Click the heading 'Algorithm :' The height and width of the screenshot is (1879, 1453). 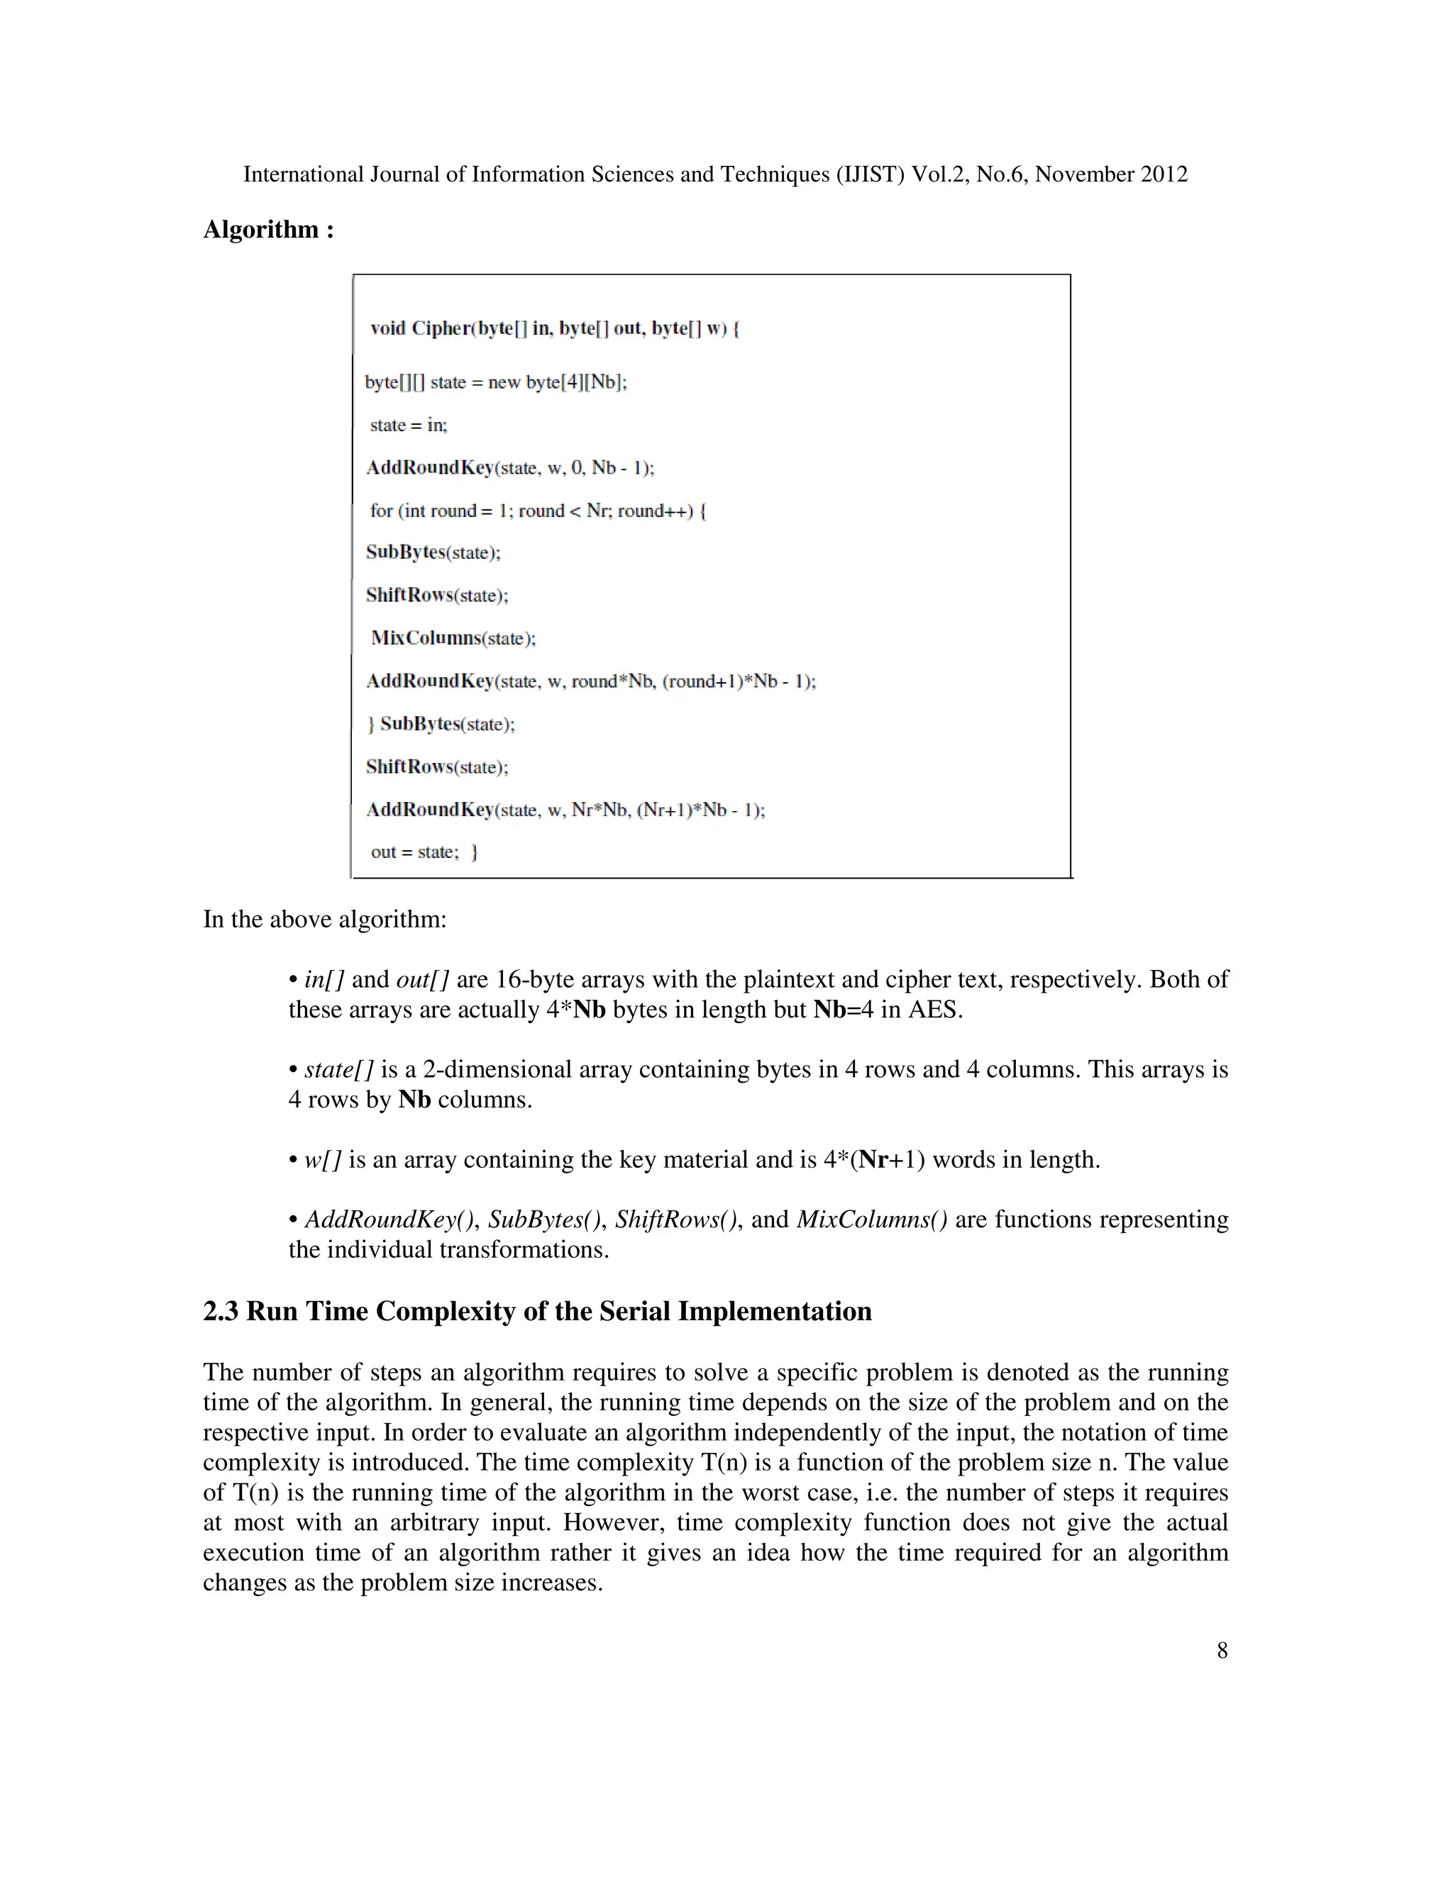pyautogui.click(x=267, y=230)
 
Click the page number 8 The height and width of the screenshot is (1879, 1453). pyautogui.click(x=1222, y=1650)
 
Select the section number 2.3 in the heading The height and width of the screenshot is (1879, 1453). pyautogui.click(x=221, y=1311)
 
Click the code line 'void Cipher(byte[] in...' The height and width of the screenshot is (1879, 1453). pyautogui.click(x=554, y=329)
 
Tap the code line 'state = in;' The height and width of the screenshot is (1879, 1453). pyautogui.click(x=408, y=425)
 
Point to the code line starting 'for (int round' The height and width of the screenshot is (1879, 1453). pyautogui.click(x=537, y=511)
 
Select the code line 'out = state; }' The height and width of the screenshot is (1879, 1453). pyautogui.click(x=424, y=852)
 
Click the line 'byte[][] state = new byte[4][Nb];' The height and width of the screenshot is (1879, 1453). pyautogui.click(x=496, y=382)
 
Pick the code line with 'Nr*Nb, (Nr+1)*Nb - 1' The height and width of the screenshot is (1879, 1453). pyautogui.click(x=565, y=810)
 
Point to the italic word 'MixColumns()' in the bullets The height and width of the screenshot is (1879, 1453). pyautogui.click(x=871, y=1220)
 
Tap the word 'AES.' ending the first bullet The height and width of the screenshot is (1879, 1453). pyautogui.click(x=935, y=1009)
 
